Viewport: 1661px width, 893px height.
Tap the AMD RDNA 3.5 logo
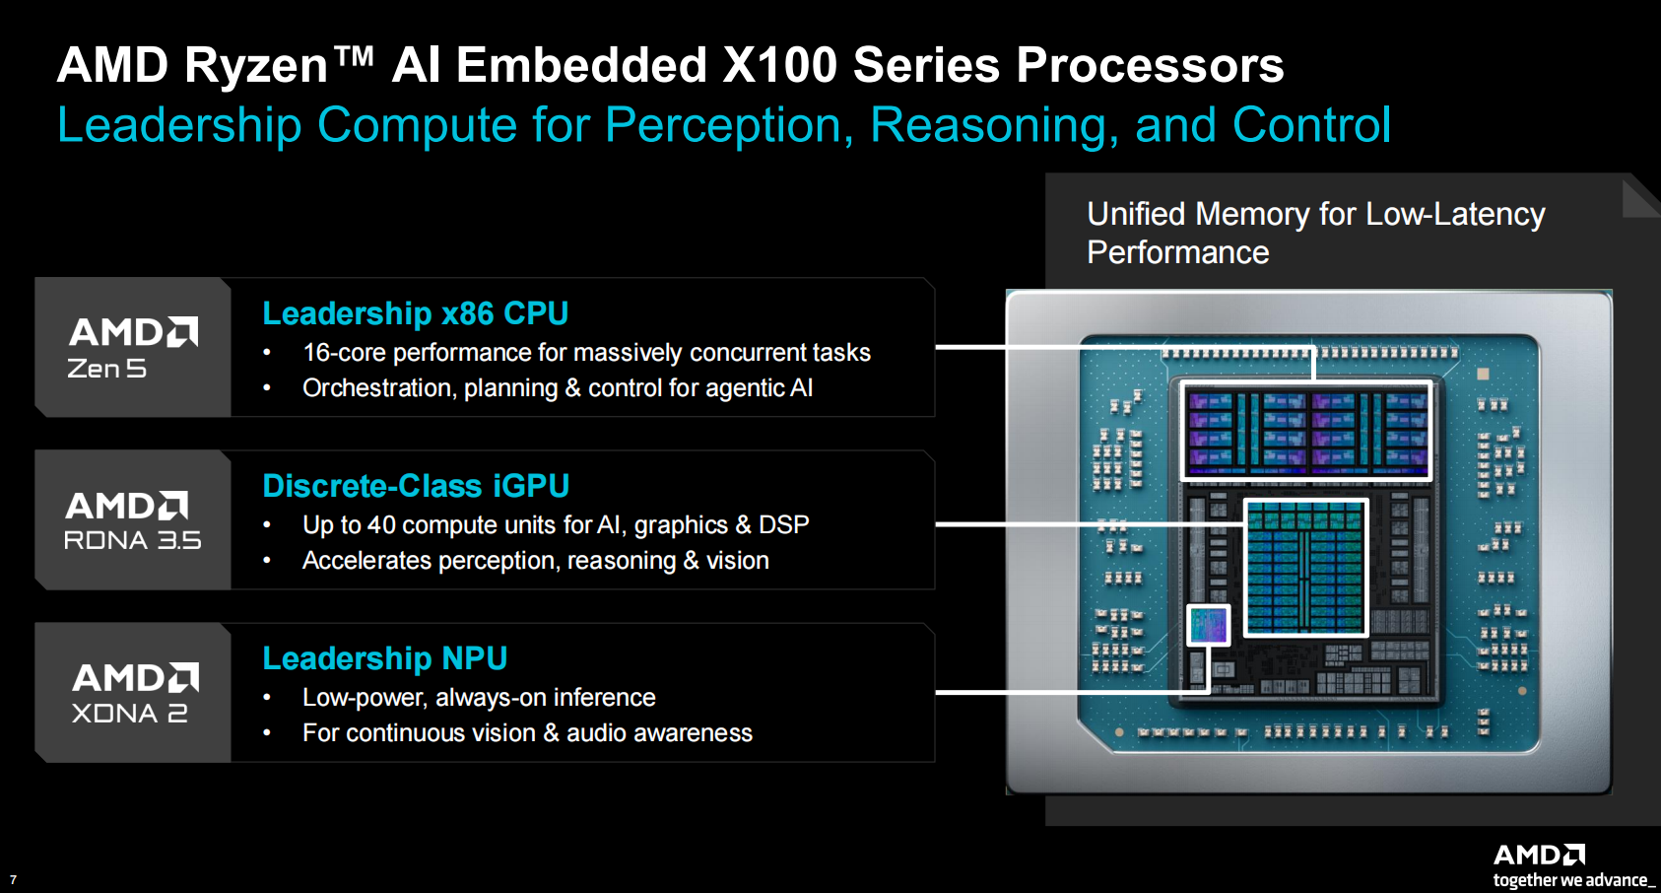[133, 520]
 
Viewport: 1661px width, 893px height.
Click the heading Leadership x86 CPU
[416, 313]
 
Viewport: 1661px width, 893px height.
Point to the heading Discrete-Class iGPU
[416, 487]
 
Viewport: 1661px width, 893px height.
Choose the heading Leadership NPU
[385, 658]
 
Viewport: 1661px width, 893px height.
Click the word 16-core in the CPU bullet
[344, 352]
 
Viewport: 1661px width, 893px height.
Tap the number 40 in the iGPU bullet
[381, 525]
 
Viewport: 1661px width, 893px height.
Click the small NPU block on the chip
[1208, 625]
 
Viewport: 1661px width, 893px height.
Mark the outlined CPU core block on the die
[1305, 431]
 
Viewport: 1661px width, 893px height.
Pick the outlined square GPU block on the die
[1305, 568]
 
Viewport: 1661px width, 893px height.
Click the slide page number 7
[13, 879]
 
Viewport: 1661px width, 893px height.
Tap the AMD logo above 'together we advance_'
[1539, 856]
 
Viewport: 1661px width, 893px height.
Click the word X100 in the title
[780, 65]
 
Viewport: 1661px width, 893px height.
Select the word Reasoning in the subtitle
[994, 125]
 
